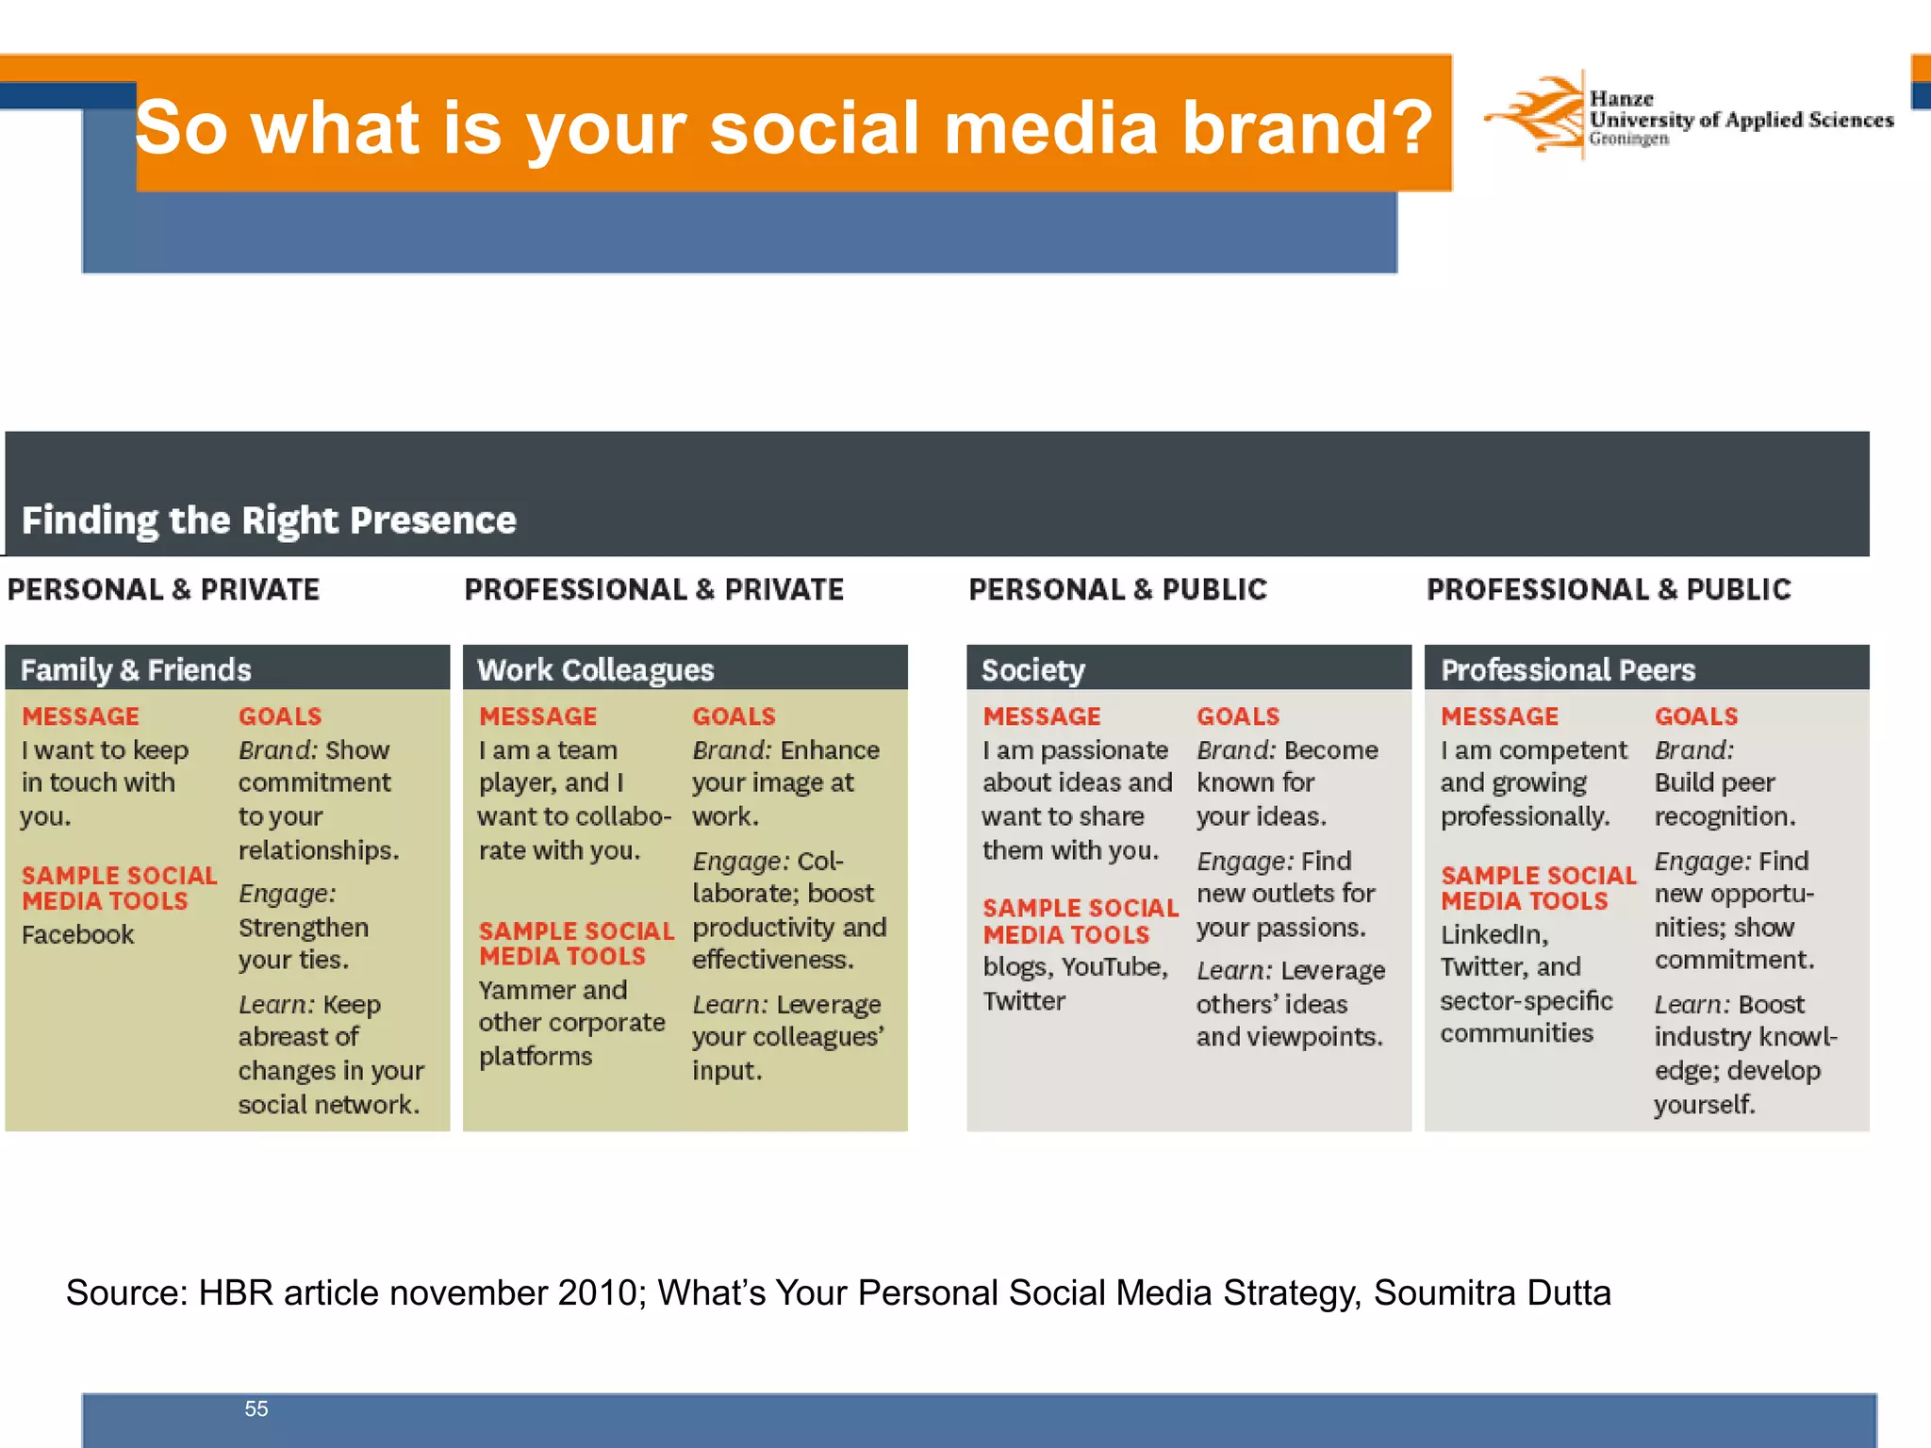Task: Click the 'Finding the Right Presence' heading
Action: [269, 520]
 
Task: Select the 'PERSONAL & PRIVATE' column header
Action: [164, 589]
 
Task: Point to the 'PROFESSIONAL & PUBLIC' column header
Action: [1609, 589]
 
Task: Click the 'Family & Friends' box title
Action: [136, 669]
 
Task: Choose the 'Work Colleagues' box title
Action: [595, 669]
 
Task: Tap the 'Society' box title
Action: [1033, 669]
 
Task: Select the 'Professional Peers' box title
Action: [1568, 669]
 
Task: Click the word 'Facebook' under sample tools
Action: [77, 934]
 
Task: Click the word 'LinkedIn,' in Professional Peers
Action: [1494, 934]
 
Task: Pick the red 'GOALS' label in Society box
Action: [1238, 716]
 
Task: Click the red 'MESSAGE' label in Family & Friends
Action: [80, 716]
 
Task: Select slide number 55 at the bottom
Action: [256, 1408]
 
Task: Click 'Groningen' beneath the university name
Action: [1628, 139]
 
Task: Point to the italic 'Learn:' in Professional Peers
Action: [1692, 1004]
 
